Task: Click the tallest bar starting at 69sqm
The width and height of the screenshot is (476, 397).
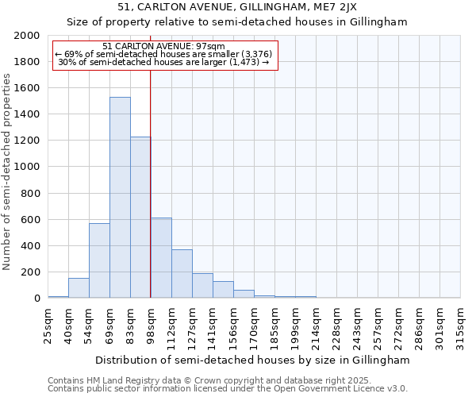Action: (x=120, y=198)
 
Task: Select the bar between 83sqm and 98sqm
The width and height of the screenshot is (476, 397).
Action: (x=140, y=218)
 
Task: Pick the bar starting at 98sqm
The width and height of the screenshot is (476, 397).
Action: (x=161, y=258)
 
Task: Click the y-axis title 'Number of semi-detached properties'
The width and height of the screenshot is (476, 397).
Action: (x=7, y=172)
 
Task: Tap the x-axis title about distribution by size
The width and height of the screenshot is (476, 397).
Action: (x=254, y=360)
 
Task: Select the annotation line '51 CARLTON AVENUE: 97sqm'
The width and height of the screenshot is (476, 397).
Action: (x=164, y=46)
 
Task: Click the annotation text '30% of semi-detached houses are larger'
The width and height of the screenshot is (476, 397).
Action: (x=164, y=62)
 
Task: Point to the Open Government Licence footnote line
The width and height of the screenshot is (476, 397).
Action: (x=228, y=388)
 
